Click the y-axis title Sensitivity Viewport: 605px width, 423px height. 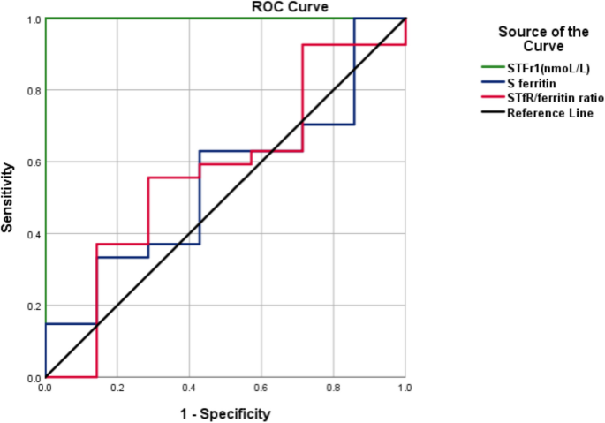coord(9,197)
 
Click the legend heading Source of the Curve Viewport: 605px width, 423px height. coord(543,39)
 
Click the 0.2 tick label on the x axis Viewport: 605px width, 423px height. coord(117,389)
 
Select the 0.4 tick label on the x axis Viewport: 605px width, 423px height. coord(189,389)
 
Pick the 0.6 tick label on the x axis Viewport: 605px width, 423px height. coord(261,389)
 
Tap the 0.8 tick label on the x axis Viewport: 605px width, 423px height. coord(333,389)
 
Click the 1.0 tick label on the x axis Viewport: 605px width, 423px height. coord(405,389)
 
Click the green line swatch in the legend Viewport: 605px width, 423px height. coord(488,65)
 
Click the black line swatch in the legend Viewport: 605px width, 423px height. coord(488,113)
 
